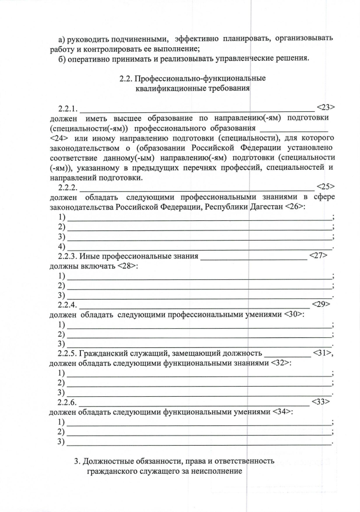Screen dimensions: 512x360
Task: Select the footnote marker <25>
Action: pos(326,185)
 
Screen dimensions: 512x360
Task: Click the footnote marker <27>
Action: pos(318,256)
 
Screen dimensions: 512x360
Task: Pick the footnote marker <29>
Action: pos(320,304)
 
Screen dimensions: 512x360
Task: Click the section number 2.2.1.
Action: pos(69,107)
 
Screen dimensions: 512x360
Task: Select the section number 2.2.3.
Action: pos(69,257)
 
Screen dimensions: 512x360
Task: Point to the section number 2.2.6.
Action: pos(69,402)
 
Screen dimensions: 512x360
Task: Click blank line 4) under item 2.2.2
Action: pos(199,248)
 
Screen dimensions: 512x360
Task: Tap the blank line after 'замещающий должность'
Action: pos(287,356)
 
